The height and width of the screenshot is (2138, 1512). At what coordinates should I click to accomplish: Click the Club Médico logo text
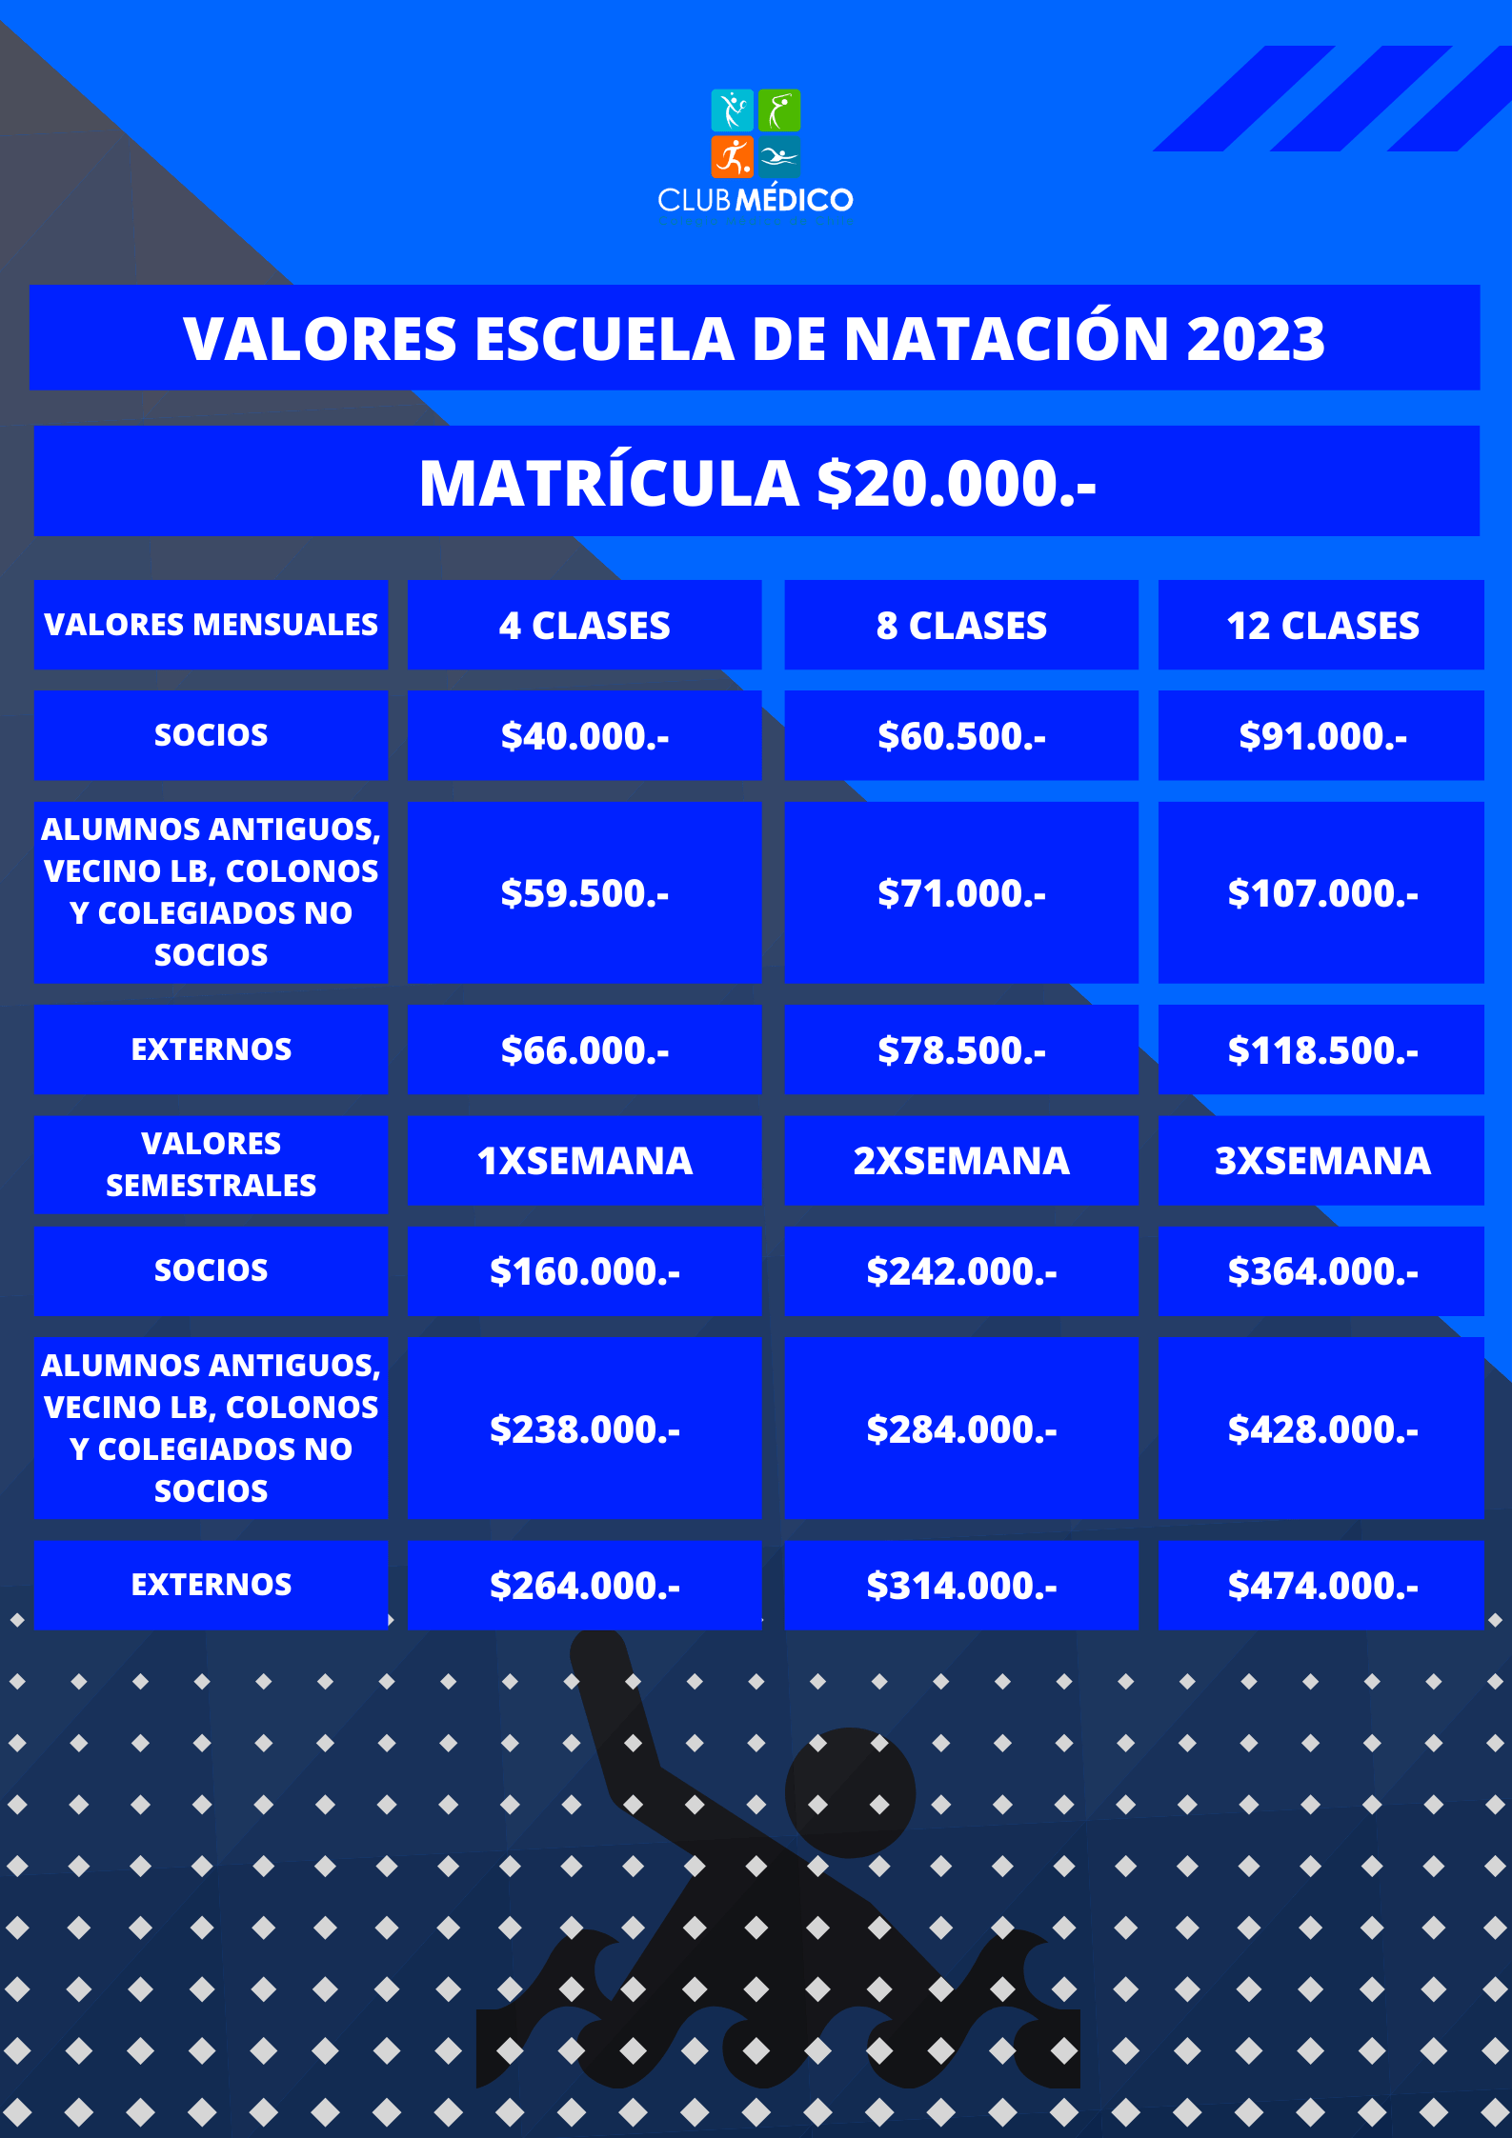tap(755, 200)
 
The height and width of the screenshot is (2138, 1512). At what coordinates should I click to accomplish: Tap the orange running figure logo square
tap(732, 157)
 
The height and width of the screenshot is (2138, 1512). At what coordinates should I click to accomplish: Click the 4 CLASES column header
tap(584, 626)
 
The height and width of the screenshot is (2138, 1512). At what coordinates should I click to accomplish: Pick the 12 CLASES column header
tap(1321, 626)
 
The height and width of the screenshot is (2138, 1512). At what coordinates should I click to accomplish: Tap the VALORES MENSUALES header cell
tap(211, 625)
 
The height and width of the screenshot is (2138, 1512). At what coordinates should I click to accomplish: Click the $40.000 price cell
tap(584, 736)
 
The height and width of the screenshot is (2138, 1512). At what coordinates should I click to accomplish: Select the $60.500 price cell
tap(960, 736)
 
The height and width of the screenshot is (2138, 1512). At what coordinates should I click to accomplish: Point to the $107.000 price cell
tap(1321, 893)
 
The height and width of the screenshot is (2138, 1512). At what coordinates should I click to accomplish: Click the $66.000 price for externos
tap(584, 1050)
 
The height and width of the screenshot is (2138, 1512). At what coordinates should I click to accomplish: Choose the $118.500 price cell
tap(1321, 1050)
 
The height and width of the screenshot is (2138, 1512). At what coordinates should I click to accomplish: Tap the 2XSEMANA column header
tap(960, 1161)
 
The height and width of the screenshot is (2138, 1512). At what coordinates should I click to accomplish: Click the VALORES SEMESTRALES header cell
tap(211, 1164)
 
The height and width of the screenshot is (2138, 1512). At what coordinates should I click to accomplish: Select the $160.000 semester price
tap(584, 1271)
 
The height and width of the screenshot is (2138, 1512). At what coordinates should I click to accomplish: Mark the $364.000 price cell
tap(1321, 1271)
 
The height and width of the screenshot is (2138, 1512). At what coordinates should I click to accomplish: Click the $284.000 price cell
tap(960, 1429)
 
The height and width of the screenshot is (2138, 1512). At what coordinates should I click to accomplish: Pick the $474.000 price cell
tap(1321, 1586)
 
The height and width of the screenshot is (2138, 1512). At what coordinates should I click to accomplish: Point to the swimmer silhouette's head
tap(850, 1792)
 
